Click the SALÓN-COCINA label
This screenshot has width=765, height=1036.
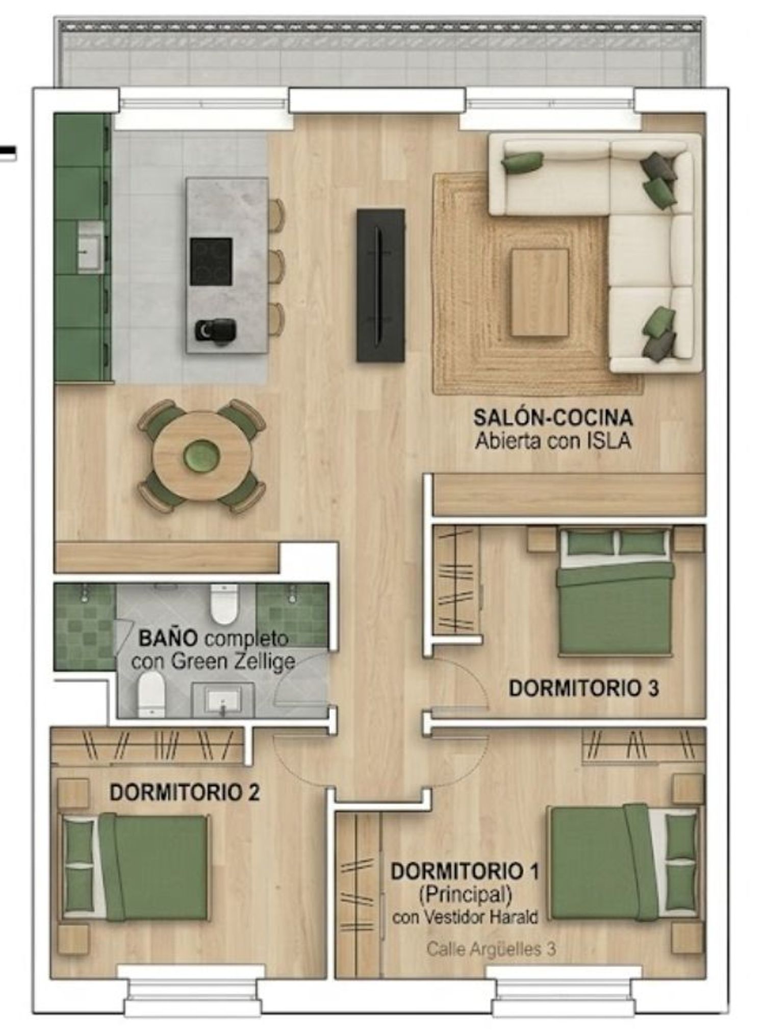(x=553, y=418)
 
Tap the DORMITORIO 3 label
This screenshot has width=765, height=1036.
(x=584, y=688)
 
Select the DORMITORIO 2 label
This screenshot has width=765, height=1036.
(x=185, y=792)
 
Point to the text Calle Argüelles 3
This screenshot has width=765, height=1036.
(x=491, y=949)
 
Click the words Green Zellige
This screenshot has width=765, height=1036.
(x=233, y=662)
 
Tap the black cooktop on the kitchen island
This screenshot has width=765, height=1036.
(x=211, y=262)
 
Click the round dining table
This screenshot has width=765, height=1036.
(x=202, y=455)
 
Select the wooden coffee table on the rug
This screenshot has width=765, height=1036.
(x=540, y=293)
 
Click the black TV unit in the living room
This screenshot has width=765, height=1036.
(x=381, y=285)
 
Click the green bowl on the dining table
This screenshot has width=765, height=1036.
(x=202, y=455)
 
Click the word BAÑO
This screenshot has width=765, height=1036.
(x=168, y=638)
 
